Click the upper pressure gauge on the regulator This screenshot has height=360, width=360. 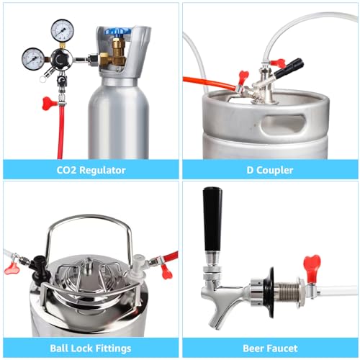click(62, 30)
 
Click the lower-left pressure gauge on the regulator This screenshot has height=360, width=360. click(33, 59)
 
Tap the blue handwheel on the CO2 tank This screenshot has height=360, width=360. click(118, 31)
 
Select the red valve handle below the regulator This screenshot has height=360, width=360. click(50, 103)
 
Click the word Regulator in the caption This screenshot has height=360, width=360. click(102, 170)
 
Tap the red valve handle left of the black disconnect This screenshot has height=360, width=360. click(12, 268)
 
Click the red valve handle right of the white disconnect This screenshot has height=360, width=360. click(167, 272)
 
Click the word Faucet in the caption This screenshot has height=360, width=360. click(282, 348)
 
